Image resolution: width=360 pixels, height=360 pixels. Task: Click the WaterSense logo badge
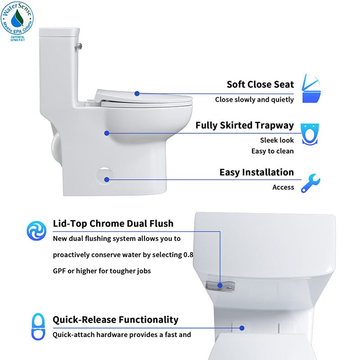(17, 21)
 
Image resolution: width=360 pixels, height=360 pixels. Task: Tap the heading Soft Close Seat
(260, 85)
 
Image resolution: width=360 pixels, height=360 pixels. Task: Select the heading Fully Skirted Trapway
(244, 126)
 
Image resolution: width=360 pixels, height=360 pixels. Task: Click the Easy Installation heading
(256, 172)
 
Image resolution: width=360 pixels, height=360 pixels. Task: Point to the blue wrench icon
(310, 183)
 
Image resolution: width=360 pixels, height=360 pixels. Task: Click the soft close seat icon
(311, 88)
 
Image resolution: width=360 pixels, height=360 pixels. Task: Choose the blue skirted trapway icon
(310, 134)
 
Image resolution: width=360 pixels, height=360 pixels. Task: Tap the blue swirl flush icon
(36, 231)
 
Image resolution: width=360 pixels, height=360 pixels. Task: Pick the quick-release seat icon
(38, 327)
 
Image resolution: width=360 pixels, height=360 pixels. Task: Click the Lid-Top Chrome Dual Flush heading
(113, 224)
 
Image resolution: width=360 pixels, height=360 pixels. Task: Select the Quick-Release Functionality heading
(116, 319)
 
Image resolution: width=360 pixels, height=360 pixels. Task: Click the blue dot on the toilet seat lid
(137, 94)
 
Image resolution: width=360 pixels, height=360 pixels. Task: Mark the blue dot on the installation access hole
(107, 180)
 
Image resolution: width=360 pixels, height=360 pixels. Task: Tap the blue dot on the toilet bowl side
(107, 133)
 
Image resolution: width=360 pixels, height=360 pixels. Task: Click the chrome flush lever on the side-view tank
(78, 46)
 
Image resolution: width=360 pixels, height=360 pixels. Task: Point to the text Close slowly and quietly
(254, 99)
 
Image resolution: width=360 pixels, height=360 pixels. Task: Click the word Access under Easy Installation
(283, 187)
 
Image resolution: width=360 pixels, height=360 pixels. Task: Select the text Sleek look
(277, 140)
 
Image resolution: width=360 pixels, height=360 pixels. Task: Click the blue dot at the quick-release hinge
(242, 328)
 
